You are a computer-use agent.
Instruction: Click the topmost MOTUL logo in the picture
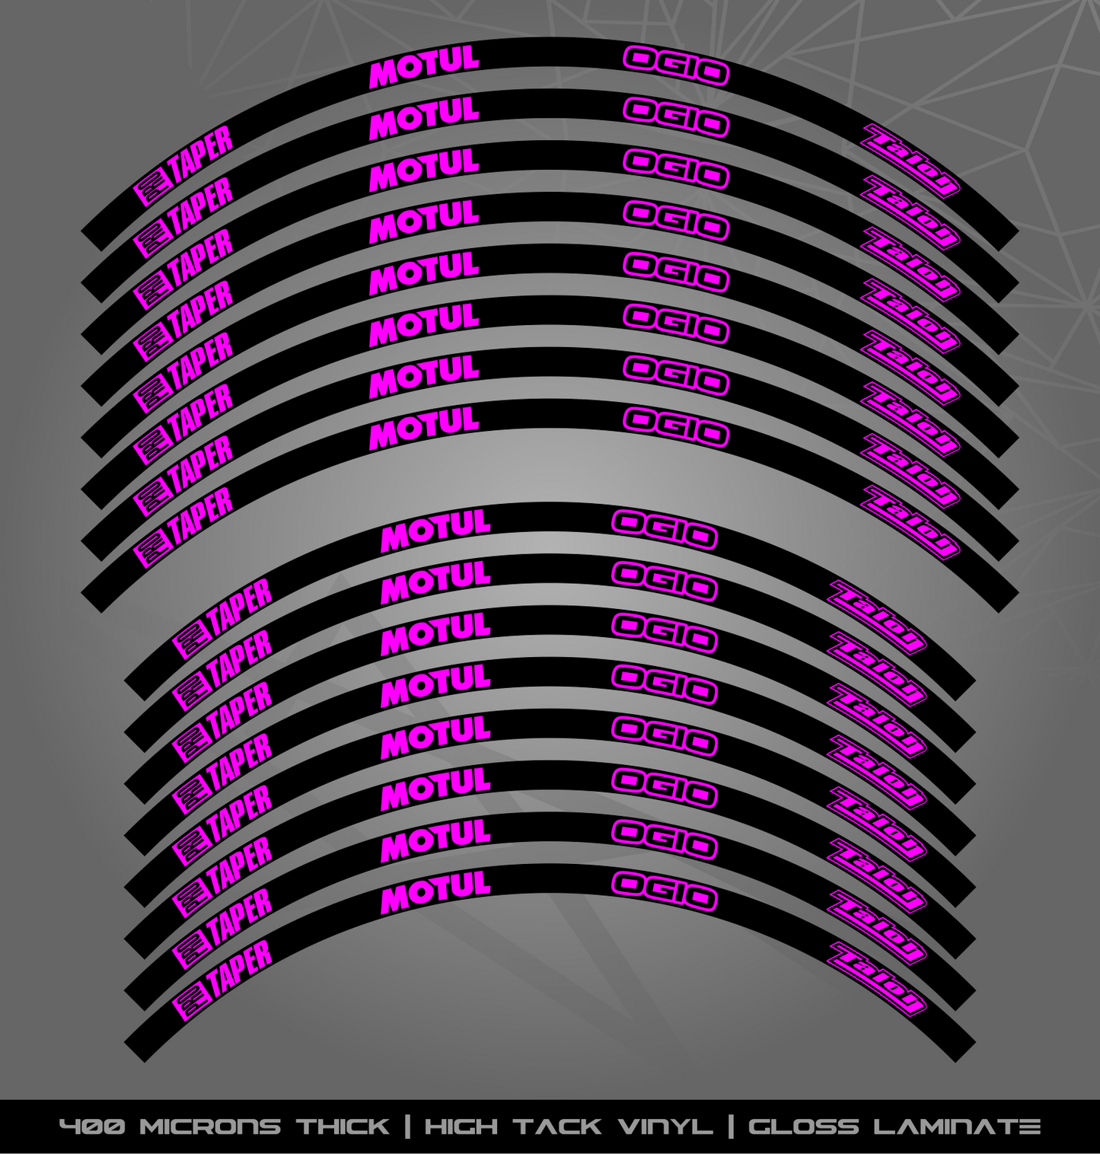pos(424,67)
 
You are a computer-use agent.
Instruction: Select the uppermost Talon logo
pos(910,161)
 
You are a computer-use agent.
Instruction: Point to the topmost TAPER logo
pos(183,166)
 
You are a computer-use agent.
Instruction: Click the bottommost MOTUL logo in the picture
pos(435,891)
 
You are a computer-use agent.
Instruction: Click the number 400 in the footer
pos(94,1127)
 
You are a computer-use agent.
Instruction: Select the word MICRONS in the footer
pos(211,1127)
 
